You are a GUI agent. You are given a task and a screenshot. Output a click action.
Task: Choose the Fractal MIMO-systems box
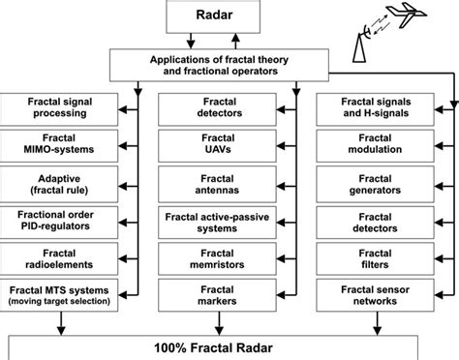60,144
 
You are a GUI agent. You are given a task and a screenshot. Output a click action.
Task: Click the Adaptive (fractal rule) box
60,181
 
